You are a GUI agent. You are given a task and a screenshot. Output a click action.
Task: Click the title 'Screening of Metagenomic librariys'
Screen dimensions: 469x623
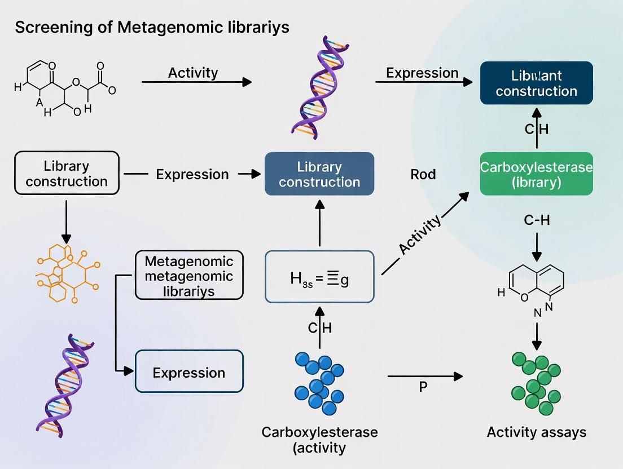152,27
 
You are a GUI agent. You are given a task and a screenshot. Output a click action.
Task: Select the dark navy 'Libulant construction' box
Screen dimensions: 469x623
536,83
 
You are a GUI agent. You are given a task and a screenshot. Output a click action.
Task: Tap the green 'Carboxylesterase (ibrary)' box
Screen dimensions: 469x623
536,174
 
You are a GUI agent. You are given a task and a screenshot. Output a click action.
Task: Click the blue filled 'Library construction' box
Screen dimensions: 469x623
319,174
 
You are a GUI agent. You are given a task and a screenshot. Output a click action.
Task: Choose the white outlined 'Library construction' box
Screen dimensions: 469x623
67,172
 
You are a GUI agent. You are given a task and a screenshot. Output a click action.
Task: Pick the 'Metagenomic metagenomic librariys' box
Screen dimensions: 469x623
189,275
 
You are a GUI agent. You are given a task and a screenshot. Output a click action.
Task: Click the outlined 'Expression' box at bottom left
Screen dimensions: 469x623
189,371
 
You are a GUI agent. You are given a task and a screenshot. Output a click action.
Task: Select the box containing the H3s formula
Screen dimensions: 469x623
319,278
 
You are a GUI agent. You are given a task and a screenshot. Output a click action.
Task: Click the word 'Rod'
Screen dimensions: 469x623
423,174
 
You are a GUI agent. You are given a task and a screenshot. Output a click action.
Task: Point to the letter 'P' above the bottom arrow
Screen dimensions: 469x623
423,388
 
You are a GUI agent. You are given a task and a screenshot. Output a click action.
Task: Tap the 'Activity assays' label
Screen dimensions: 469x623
536,432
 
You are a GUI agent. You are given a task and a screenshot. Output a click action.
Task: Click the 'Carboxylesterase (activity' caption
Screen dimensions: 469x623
319,440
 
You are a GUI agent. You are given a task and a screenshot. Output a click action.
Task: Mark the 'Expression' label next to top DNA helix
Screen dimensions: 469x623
422,73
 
